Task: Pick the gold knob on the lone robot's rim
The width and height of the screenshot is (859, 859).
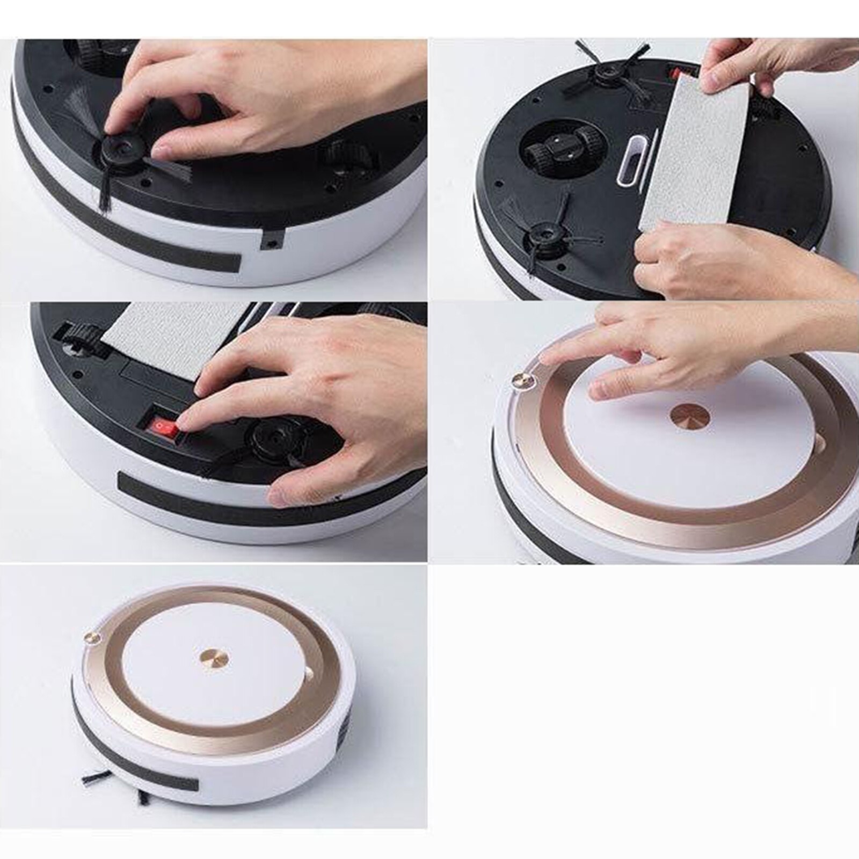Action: pyautogui.click(x=92, y=637)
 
